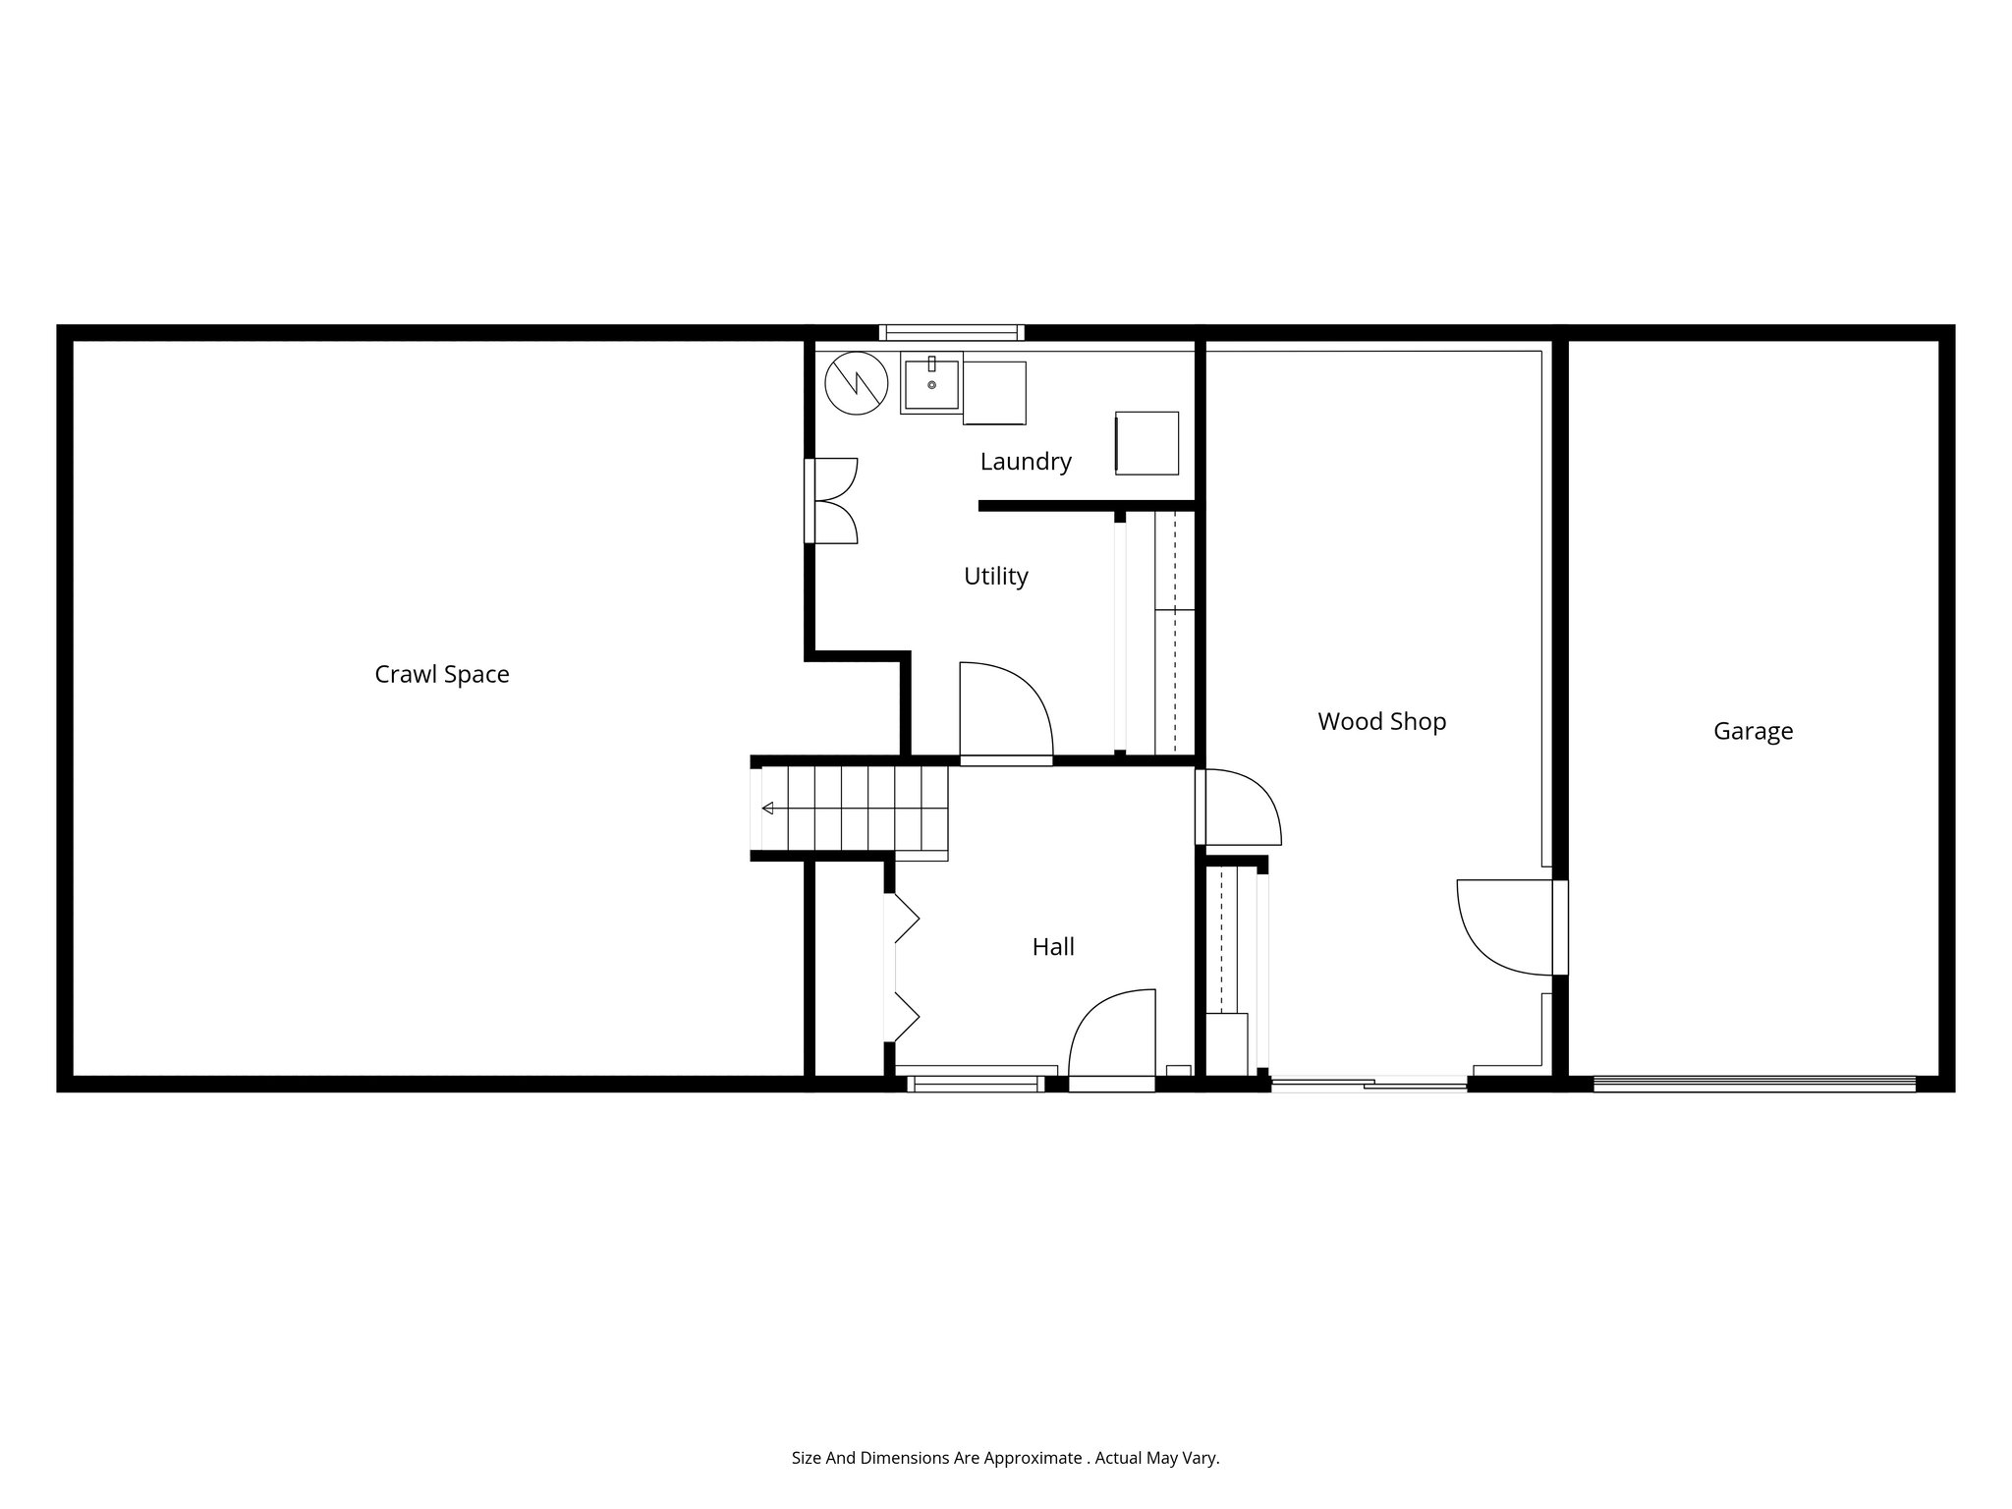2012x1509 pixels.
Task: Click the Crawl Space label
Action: [442, 675]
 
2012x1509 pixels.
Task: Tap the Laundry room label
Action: [1025, 462]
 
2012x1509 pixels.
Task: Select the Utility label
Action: [995, 577]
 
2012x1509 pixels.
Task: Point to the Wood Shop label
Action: [1381, 722]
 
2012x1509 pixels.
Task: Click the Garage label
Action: [1753, 732]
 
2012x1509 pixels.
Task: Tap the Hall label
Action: [1052, 947]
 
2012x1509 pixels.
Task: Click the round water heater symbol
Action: [857, 382]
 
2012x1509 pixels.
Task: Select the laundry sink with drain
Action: [930, 384]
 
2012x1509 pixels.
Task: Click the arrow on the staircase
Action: [768, 808]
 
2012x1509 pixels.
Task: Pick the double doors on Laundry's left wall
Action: [831, 500]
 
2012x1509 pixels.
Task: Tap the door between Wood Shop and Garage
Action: [1508, 926]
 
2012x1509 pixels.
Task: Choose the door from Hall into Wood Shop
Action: [1239, 807]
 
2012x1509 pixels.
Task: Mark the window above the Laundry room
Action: [951, 332]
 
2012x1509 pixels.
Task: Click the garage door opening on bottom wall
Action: [1754, 1084]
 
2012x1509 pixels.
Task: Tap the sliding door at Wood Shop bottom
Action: [1369, 1085]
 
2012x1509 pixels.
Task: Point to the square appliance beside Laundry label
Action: [1146, 443]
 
